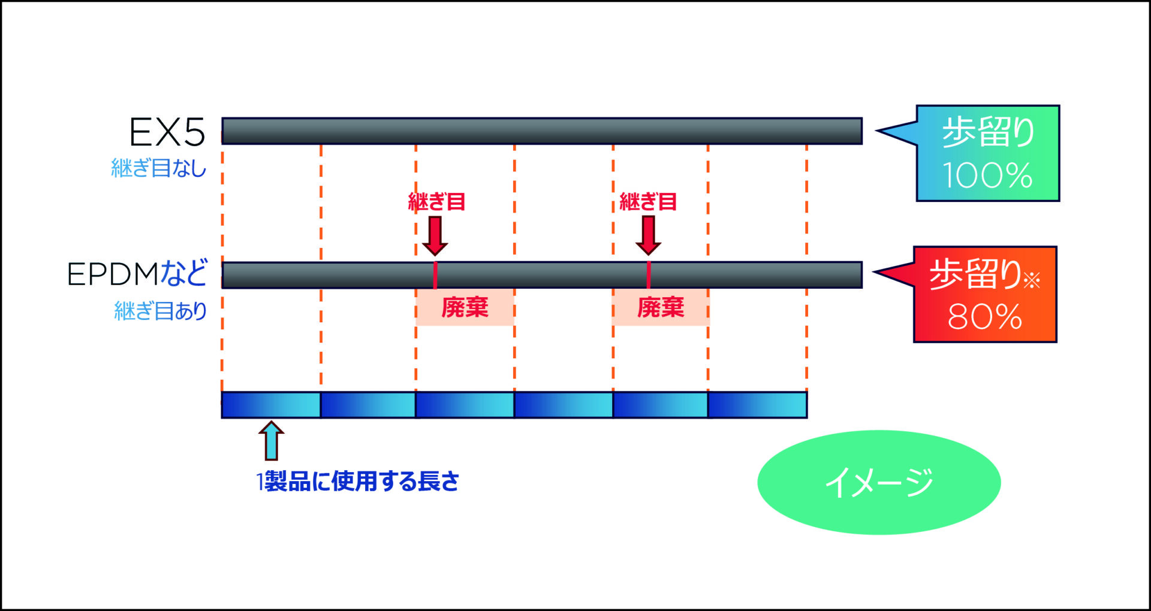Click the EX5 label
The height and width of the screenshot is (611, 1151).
(x=167, y=132)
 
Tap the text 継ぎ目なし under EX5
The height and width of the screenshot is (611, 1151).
(x=159, y=168)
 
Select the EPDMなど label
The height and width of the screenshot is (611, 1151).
(x=137, y=274)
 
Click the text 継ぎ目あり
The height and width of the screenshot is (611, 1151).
(x=161, y=311)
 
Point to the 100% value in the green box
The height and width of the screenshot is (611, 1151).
(x=987, y=176)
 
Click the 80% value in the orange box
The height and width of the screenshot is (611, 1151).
(x=984, y=316)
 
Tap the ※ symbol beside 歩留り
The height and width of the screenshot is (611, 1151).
(x=1032, y=279)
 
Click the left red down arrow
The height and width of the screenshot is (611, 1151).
(x=435, y=235)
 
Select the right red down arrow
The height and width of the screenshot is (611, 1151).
(x=648, y=235)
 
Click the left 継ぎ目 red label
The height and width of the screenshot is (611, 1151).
(x=437, y=202)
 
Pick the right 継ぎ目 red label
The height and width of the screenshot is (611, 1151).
(x=648, y=202)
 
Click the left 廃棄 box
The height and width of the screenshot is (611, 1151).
(x=465, y=307)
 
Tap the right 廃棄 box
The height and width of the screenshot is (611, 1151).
(x=661, y=307)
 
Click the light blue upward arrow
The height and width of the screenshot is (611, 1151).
(x=272, y=440)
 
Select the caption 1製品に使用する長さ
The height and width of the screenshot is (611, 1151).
(x=358, y=481)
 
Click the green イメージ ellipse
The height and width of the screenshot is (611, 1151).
(x=879, y=482)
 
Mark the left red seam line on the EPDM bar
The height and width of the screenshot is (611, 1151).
(x=435, y=275)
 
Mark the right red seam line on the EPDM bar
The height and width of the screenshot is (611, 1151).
(x=649, y=275)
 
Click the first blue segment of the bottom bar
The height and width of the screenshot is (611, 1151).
(x=271, y=405)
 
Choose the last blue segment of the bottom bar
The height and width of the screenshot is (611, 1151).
(x=757, y=405)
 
